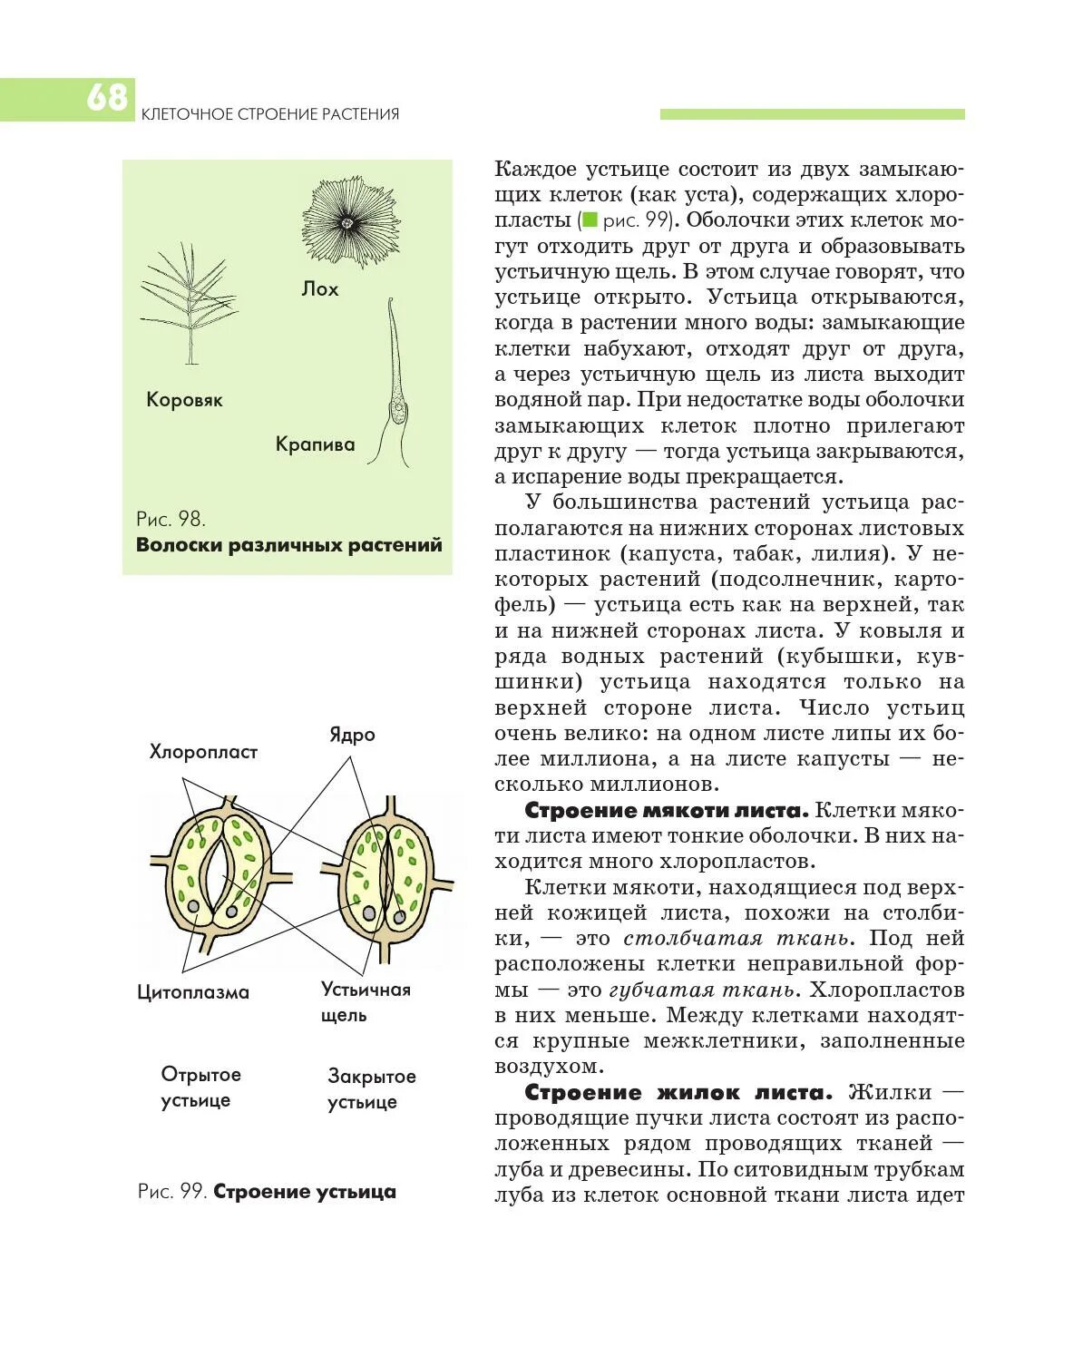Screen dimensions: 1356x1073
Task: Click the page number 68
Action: click(107, 97)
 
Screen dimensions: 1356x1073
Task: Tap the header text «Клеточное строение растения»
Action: click(270, 114)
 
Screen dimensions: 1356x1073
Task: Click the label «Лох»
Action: click(320, 289)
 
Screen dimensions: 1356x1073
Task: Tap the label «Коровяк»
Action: click(184, 400)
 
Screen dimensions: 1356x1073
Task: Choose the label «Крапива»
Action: click(315, 444)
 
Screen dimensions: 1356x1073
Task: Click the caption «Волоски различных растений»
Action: click(289, 545)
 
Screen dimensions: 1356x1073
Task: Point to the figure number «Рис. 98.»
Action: click(171, 519)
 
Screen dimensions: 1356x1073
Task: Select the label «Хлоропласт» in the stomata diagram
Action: click(203, 752)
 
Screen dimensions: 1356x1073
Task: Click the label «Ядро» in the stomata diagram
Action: click(352, 735)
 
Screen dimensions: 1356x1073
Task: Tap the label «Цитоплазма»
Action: click(193, 992)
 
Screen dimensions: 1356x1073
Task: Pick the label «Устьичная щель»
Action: click(365, 1001)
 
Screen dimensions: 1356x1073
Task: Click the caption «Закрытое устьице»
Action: click(371, 1088)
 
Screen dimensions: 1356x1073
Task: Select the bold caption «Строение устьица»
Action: click(305, 1192)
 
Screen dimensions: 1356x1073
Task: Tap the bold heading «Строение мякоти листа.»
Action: click(666, 810)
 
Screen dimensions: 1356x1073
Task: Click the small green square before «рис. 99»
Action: click(590, 219)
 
